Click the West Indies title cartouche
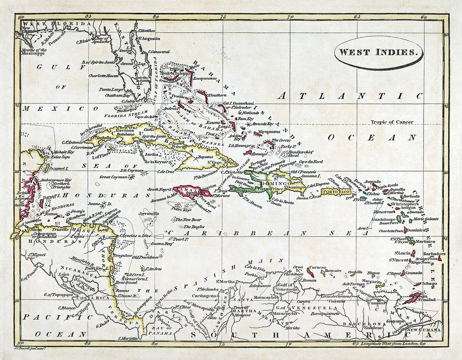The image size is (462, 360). coord(379,52)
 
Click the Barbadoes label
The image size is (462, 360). coord(434,253)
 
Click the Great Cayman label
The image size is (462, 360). coord(114,177)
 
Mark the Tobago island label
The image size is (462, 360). coord(430,284)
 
